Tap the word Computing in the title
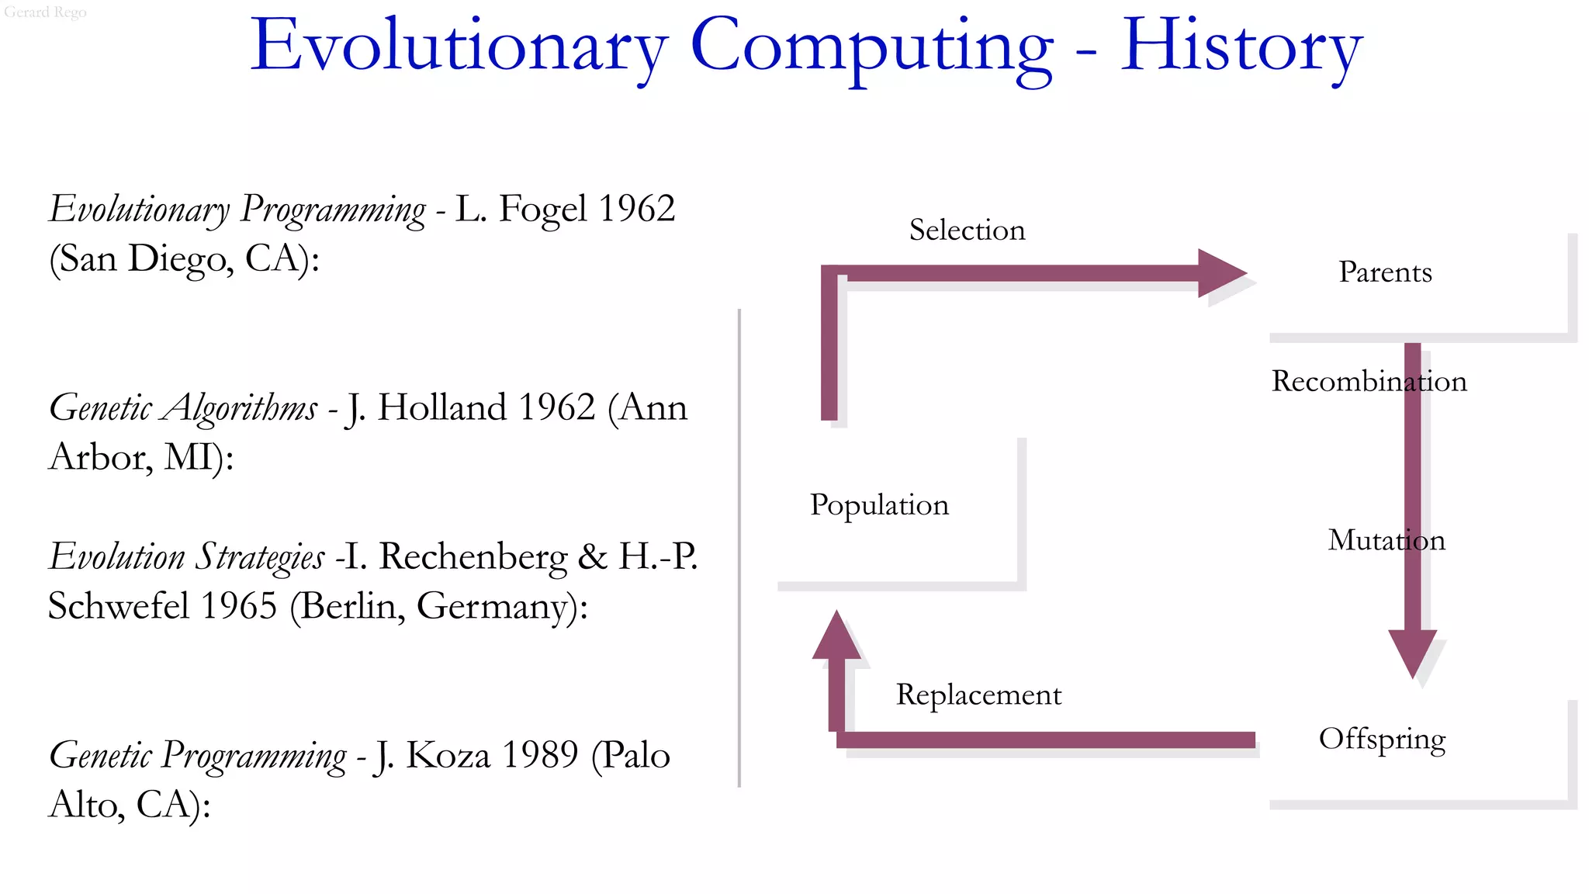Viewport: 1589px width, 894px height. pos(871,48)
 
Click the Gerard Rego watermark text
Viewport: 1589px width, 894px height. pos(45,12)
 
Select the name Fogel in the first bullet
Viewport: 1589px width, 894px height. pos(542,209)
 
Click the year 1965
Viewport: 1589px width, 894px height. pos(238,606)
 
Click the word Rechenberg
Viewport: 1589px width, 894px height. pos(473,556)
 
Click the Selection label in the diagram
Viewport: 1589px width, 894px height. pos(967,230)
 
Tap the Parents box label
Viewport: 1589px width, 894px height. pos(1385,272)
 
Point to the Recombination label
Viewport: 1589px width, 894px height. pos(1369,381)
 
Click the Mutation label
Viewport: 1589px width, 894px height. pos(1386,540)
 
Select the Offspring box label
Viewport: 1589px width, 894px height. pos(1382,740)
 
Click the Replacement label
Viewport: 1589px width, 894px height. pos(978,695)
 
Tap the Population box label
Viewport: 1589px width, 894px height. pos(879,504)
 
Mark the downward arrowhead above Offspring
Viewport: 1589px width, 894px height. pos(1412,652)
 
